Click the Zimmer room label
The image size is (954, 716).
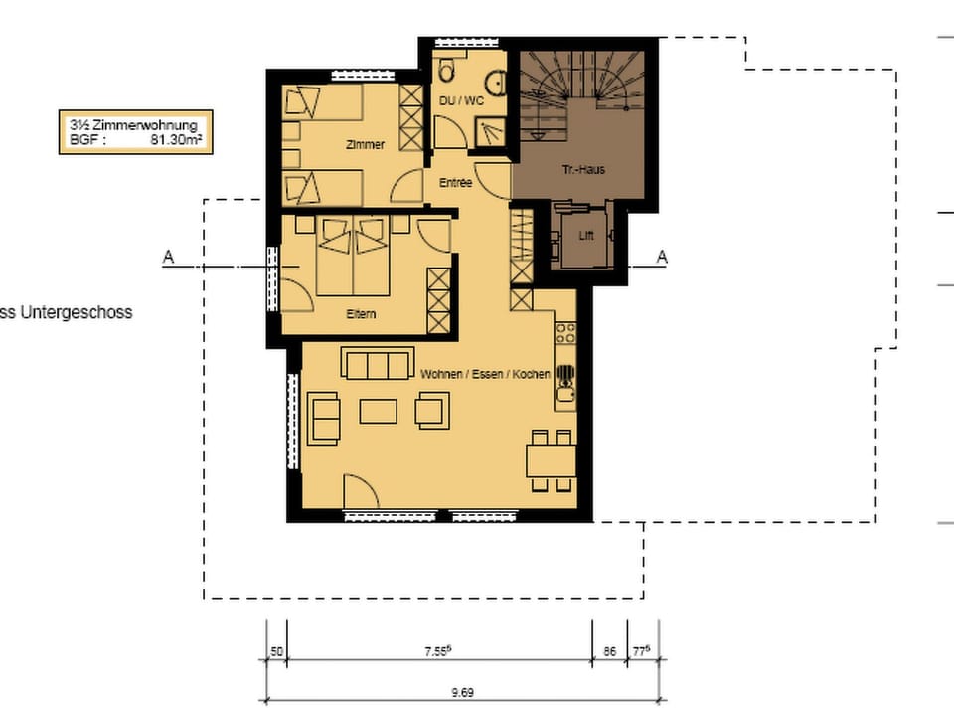click(365, 145)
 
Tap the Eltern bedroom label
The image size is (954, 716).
click(361, 314)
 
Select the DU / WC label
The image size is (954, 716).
click(461, 100)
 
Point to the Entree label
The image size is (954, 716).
click(456, 183)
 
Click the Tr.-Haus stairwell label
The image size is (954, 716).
click(583, 170)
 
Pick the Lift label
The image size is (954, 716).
click(586, 236)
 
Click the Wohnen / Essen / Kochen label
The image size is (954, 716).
click(485, 374)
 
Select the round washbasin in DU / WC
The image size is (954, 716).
click(497, 83)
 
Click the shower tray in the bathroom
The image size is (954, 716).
click(490, 132)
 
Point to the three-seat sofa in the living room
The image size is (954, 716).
click(378, 364)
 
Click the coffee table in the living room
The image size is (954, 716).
click(378, 411)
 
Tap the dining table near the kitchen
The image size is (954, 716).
click(552, 460)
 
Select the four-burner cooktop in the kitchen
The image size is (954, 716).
click(565, 332)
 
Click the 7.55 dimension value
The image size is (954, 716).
click(438, 651)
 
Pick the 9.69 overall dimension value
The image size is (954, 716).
click(462, 692)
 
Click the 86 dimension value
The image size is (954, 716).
click(609, 652)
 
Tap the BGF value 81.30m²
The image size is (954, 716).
click(176, 140)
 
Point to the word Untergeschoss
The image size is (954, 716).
click(77, 313)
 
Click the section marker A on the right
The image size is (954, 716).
click(662, 257)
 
